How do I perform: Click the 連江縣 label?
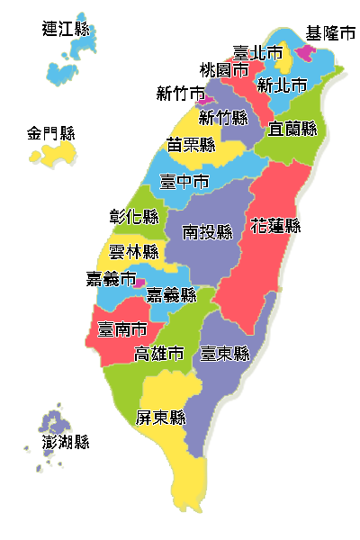point(66,29)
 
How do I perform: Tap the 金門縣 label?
point(49,134)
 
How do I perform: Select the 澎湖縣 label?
point(66,441)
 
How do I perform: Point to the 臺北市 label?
point(257,53)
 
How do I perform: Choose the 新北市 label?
point(282,85)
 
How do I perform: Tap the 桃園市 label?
point(224,69)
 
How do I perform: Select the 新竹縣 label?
point(222,117)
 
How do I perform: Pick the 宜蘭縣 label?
point(292,129)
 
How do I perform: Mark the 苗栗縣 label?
point(191,144)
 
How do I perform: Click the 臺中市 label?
point(184,181)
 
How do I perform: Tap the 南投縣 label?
point(207,232)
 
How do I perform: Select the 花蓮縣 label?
point(275,225)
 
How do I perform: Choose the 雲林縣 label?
point(133,251)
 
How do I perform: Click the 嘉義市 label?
point(111,278)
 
